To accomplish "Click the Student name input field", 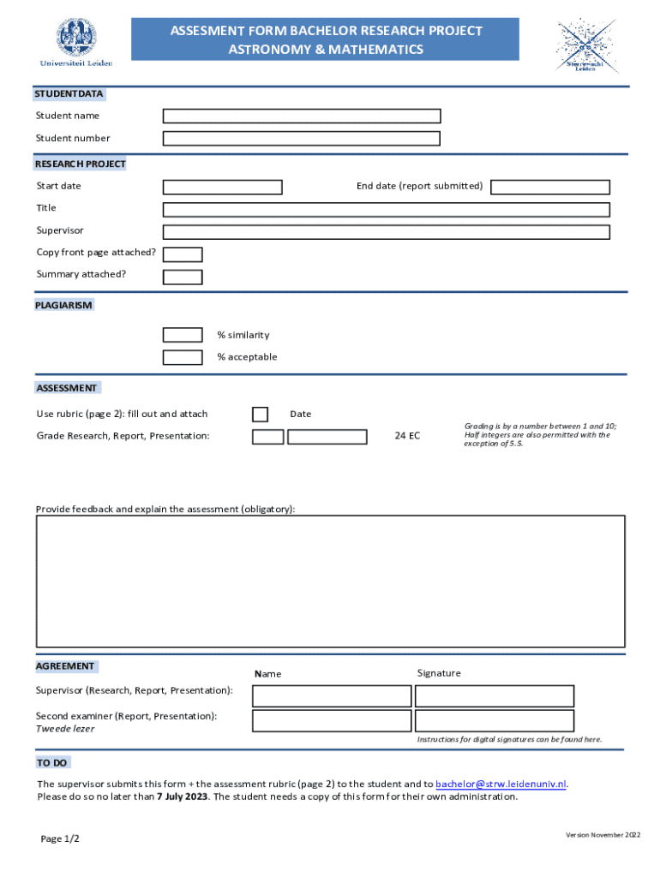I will click(x=302, y=116).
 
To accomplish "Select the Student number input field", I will click(x=302, y=138).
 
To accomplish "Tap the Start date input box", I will click(x=223, y=187).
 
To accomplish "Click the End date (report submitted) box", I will click(x=550, y=187).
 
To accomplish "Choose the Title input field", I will click(x=387, y=209).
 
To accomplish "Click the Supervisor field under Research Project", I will click(x=387, y=231).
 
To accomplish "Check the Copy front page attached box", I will click(x=183, y=254).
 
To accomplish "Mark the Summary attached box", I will click(x=183, y=277).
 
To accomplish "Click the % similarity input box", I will click(x=183, y=335).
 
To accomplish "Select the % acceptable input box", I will click(x=183, y=357).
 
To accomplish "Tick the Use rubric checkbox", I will click(x=260, y=415).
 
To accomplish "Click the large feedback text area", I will click(x=330, y=581).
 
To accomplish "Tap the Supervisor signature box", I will click(x=495, y=695).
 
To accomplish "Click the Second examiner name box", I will click(x=331, y=720).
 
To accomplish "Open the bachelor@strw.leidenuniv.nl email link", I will click(x=501, y=784).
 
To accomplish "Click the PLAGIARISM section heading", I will click(x=64, y=305).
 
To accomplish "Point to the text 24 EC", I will click(x=407, y=436).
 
